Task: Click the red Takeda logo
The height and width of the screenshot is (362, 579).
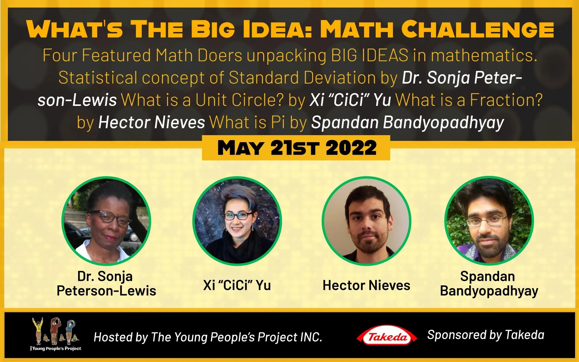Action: (387, 336)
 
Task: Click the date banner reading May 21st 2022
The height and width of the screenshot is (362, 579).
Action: (296, 148)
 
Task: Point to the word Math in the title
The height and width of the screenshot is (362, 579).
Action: (356, 29)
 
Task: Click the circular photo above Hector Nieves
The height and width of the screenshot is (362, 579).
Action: (366, 221)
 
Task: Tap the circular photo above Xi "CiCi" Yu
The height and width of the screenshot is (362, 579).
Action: (237, 221)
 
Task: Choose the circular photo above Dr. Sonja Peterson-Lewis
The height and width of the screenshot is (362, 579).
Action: (106, 221)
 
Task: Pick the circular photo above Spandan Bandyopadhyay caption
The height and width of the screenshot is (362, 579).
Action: (489, 221)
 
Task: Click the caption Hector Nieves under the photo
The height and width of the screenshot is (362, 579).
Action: (366, 285)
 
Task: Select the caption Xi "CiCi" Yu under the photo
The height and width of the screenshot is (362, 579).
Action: (237, 285)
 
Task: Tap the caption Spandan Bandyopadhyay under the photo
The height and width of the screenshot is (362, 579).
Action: (489, 284)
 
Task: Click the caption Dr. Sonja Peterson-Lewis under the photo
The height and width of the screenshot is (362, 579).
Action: (106, 284)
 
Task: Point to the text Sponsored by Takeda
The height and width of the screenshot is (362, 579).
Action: (486, 335)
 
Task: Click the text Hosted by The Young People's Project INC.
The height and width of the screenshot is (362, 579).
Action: (208, 337)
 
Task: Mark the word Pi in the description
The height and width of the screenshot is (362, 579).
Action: (278, 122)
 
